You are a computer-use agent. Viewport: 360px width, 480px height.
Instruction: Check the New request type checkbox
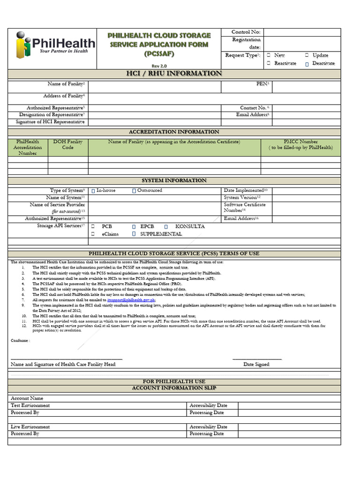pos(269,55)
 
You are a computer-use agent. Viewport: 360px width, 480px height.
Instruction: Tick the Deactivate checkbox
pos(307,63)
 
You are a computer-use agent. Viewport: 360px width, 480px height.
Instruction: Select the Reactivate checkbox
pos(269,63)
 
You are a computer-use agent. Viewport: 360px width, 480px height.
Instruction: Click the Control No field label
pos(246,32)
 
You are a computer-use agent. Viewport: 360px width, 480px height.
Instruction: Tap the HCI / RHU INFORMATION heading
pos(174,74)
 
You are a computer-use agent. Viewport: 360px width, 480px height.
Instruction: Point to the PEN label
pos(262,83)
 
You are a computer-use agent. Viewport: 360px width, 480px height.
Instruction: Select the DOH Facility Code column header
pos(68,144)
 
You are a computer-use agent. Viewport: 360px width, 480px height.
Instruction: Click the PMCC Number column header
pos(300,144)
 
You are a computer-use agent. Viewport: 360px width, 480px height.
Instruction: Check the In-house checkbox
pos(93,191)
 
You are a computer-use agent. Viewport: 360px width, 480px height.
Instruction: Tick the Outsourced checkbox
pos(134,191)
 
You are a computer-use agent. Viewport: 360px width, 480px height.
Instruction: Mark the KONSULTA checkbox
pos(166,226)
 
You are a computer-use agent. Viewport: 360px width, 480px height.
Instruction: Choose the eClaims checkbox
pos(93,234)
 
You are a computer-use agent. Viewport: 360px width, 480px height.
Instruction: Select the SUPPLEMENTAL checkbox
pos(134,234)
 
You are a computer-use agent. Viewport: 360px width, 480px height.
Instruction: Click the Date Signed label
pos(256,364)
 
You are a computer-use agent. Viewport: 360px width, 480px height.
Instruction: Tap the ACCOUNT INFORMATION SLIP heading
pos(174,388)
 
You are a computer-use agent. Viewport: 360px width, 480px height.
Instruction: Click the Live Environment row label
pos(30,427)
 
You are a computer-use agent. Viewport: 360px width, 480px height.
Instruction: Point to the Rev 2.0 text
pos(159,66)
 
